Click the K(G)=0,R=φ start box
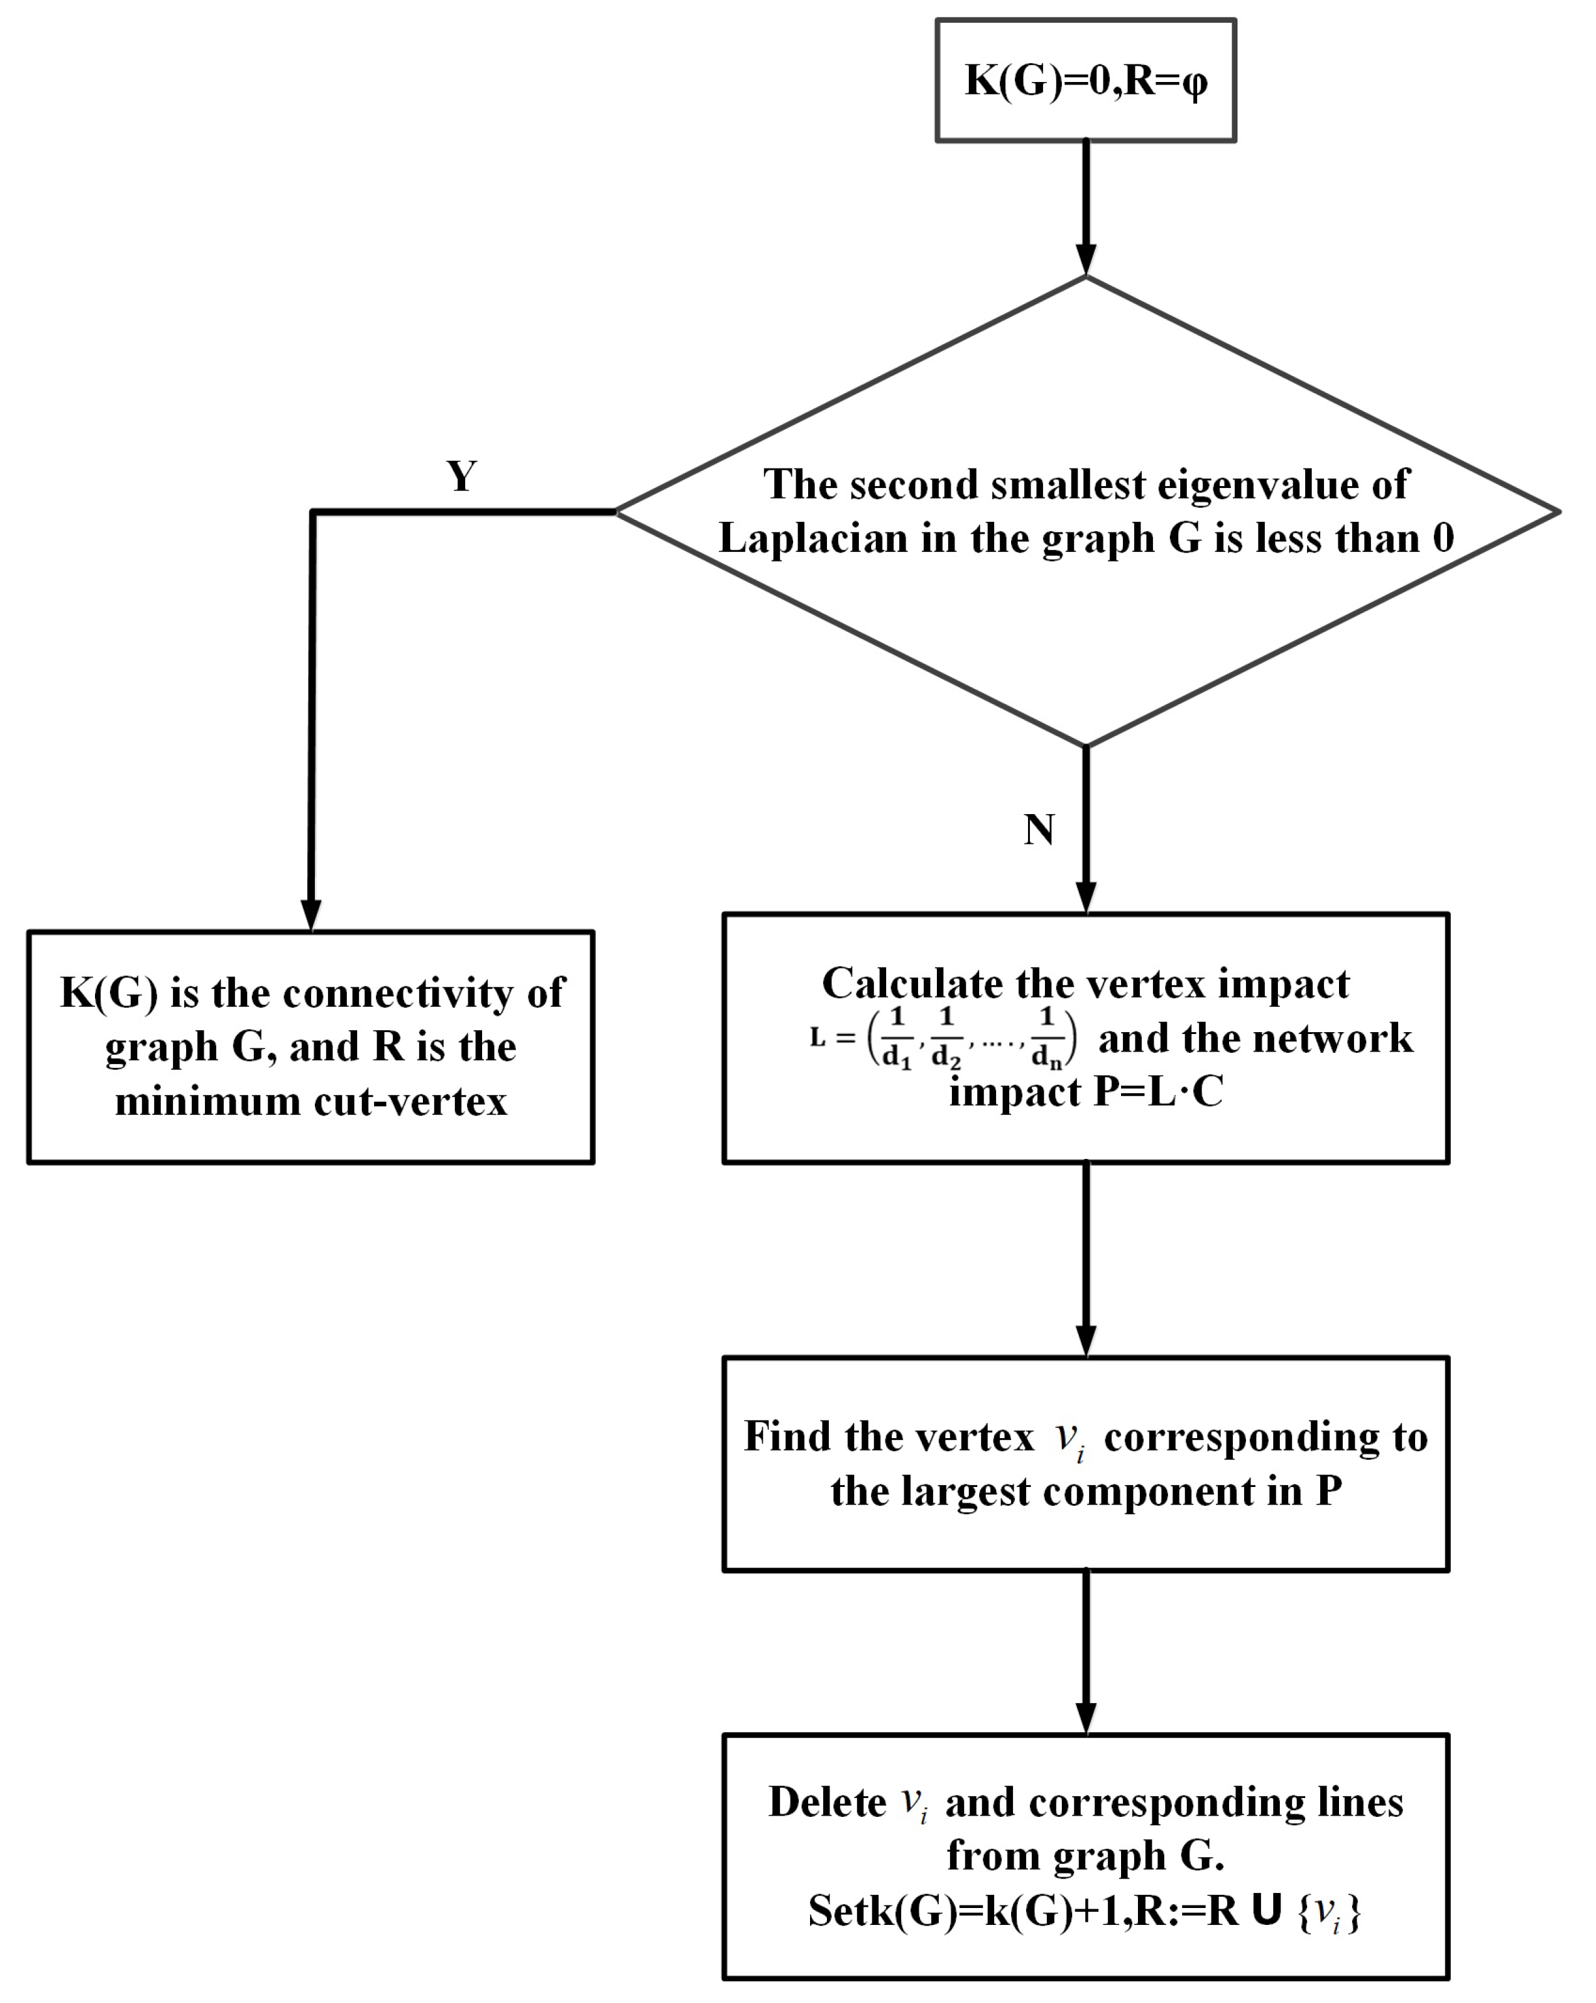coord(1085,81)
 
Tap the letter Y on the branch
coord(462,476)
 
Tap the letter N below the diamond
coord(1038,830)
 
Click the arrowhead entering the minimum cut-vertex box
coord(311,914)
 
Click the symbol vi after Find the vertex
coord(1069,1439)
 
